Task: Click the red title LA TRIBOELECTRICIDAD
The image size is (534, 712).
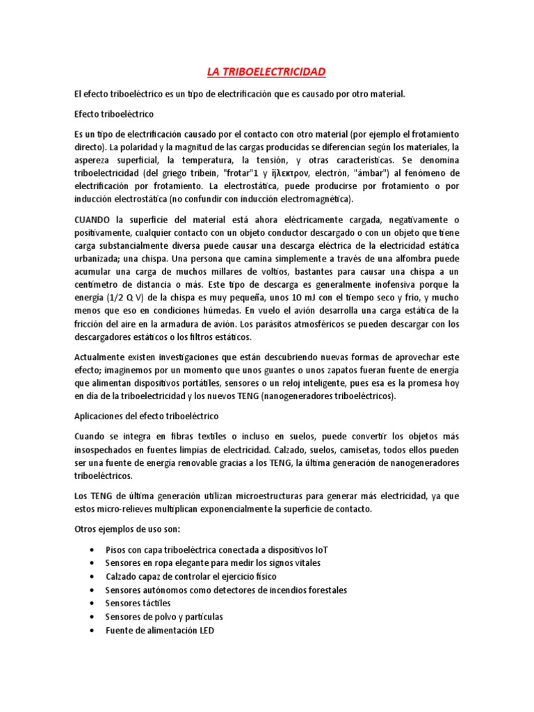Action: point(266,72)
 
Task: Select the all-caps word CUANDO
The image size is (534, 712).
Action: point(92,220)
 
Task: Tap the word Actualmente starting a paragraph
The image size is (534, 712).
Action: point(100,357)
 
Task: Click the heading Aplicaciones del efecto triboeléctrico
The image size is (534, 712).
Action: point(146,416)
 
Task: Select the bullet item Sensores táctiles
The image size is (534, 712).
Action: point(138,603)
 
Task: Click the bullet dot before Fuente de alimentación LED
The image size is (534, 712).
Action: point(92,631)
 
